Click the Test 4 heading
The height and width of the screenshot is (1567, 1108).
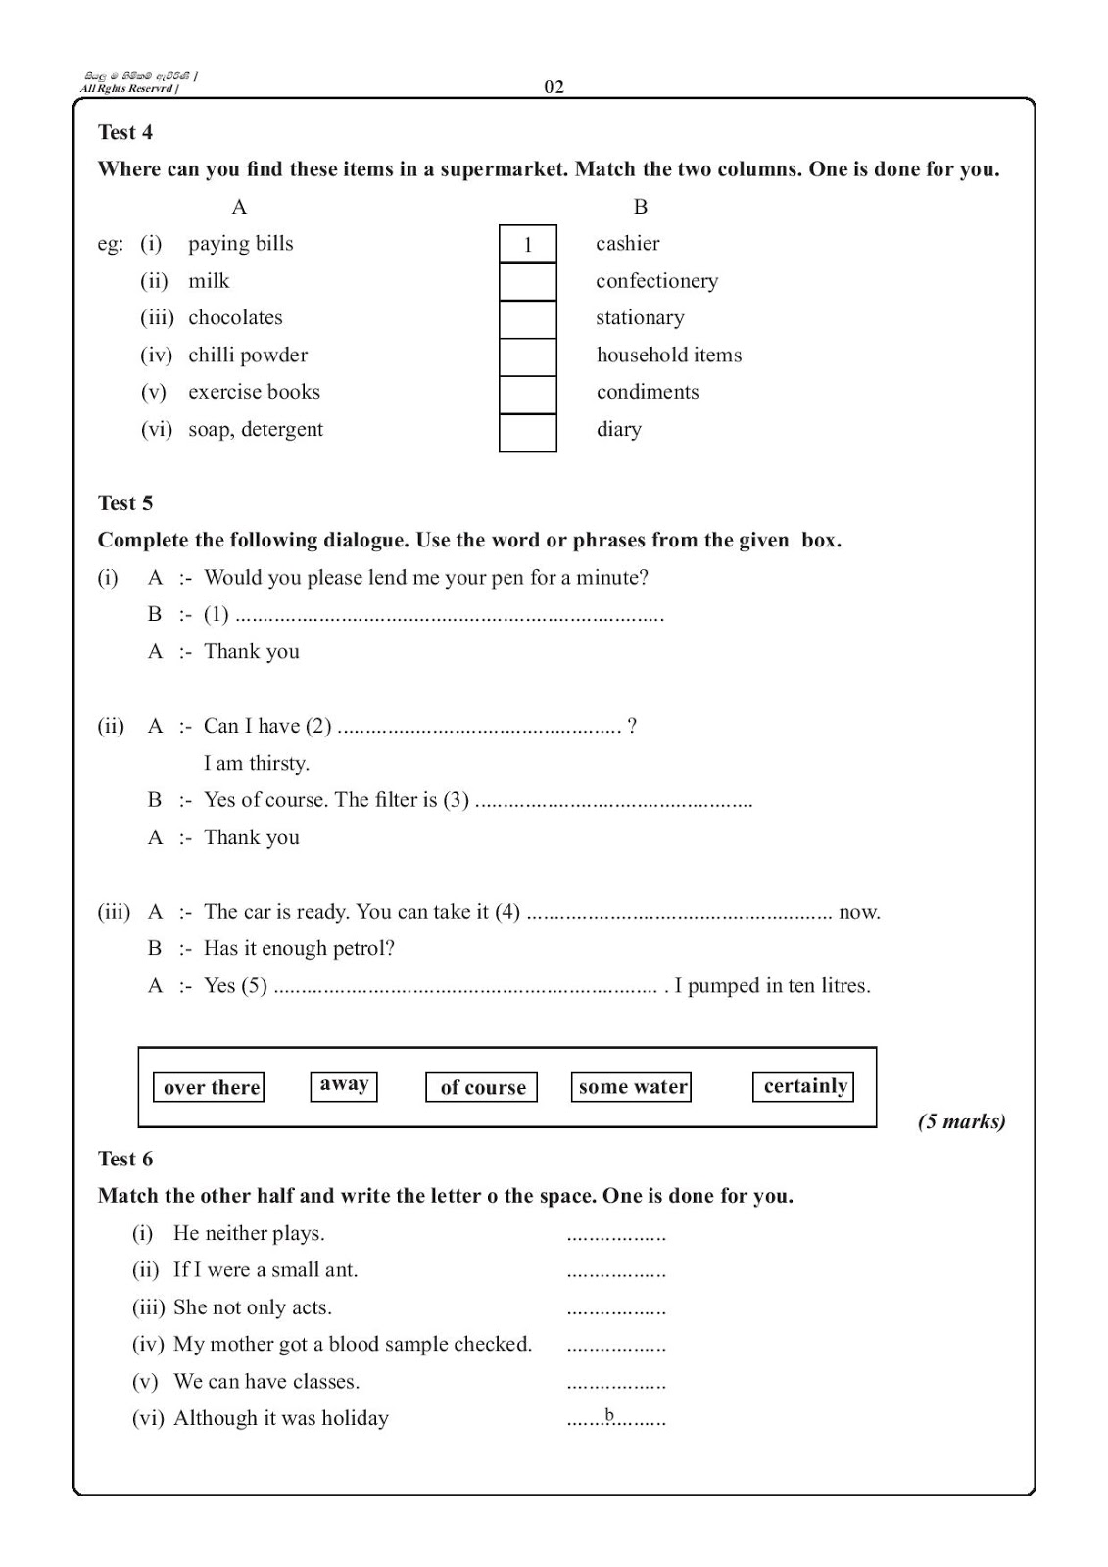click(x=125, y=132)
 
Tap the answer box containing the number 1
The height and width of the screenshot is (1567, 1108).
click(x=527, y=245)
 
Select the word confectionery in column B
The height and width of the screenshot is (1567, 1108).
click(x=656, y=281)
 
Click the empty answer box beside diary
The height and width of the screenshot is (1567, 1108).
click(x=527, y=432)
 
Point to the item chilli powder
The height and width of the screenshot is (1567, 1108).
click(x=247, y=356)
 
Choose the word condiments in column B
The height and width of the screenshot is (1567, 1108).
click(x=648, y=392)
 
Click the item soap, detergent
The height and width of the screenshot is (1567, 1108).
click(x=255, y=429)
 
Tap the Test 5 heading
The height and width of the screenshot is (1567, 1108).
click(x=125, y=503)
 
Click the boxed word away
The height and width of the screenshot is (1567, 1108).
click(x=344, y=1085)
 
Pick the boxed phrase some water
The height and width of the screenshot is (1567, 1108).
click(x=632, y=1087)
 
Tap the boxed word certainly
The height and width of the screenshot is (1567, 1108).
click(x=803, y=1086)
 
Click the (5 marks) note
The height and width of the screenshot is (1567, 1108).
click(x=961, y=1121)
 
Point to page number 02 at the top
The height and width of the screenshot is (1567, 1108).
click(x=554, y=87)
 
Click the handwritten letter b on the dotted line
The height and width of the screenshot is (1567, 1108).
click(x=609, y=1414)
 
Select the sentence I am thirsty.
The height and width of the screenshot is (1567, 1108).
click(x=256, y=763)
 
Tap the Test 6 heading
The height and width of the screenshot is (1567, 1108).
click(x=125, y=1159)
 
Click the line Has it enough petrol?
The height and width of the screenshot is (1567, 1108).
click(x=299, y=948)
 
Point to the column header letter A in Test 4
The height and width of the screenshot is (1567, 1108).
click(x=239, y=207)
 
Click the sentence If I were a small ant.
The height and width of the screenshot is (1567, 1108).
click(x=265, y=1270)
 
